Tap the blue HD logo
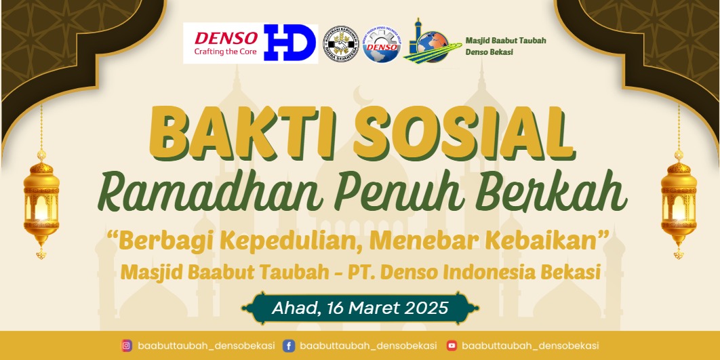pyautogui.click(x=290, y=43)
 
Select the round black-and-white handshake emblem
pyautogui.click(x=341, y=44)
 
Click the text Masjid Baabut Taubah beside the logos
pyautogui.click(x=505, y=41)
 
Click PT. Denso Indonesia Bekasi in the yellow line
pyautogui.click(x=474, y=273)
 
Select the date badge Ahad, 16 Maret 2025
pyautogui.click(x=360, y=308)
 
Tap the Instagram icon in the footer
pyautogui.click(x=126, y=346)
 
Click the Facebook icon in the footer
pyautogui.click(x=288, y=346)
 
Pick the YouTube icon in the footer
pyautogui.click(x=452, y=346)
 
